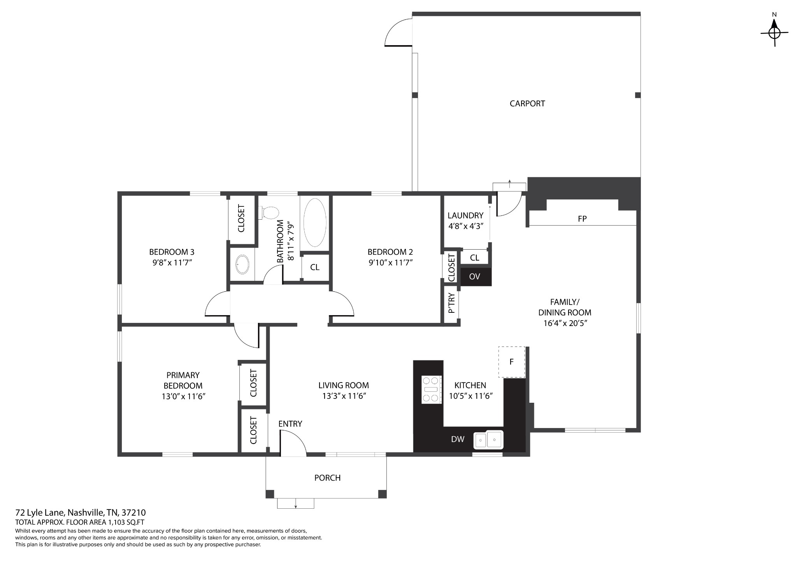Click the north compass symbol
pyautogui.click(x=774, y=33)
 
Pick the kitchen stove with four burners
pyautogui.click(x=432, y=390)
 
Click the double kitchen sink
pyautogui.click(x=488, y=440)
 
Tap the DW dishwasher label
pyautogui.click(x=458, y=439)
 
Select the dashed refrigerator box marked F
pyautogui.click(x=512, y=362)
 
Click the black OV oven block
pyautogui.click(x=476, y=277)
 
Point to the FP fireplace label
pyautogui.click(x=582, y=219)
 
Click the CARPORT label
pyautogui.click(x=527, y=104)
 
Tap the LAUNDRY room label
pyautogui.click(x=465, y=215)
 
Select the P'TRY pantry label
pyautogui.click(x=451, y=303)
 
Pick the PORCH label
pyautogui.click(x=327, y=478)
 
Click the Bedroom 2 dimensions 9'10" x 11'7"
pyautogui.click(x=390, y=263)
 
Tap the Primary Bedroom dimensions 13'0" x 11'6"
pyautogui.click(x=183, y=397)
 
